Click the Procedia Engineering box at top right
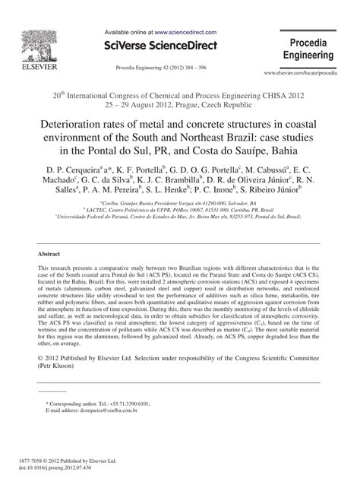pyautogui.click(x=308, y=50)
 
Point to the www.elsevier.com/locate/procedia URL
pyautogui.click(x=302, y=73)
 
